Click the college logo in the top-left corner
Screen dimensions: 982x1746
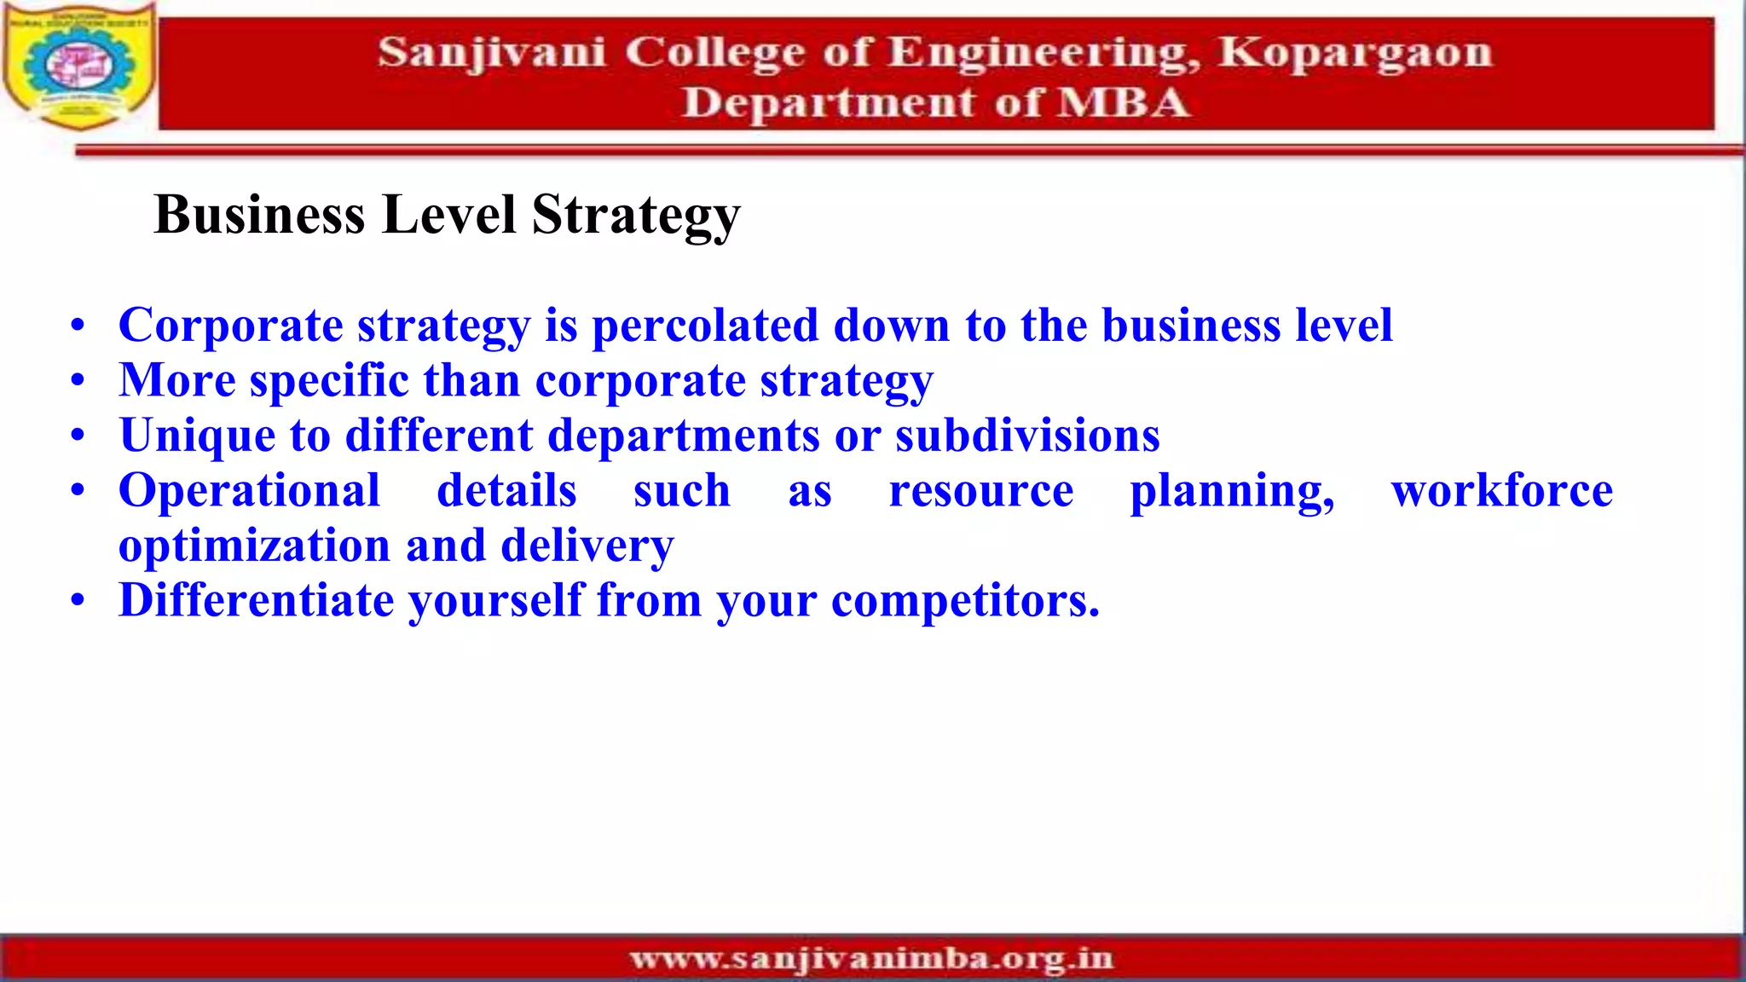(x=78, y=66)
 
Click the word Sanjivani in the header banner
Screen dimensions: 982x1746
(x=491, y=53)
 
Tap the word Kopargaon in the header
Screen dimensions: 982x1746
(x=1354, y=53)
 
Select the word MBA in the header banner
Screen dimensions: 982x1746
(x=1122, y=103)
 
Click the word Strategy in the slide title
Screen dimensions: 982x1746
(x=636, y=215)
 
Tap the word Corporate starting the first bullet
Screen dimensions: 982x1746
(x=230, y=326)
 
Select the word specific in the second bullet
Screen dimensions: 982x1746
(x=329, y=381)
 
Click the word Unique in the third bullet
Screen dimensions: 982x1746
(x=197, y=436)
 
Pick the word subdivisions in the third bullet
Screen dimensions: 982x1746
(x=1027, y=436)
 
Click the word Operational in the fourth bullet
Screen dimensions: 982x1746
(x=249, y=491)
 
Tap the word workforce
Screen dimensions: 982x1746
(x=1501, y=491)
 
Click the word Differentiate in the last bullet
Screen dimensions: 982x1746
(x=256, y=600)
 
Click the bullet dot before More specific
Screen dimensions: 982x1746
(x=78, y=381)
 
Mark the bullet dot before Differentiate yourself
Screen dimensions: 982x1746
(x=78, y=601)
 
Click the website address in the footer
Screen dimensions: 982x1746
(x=871, y=959)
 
